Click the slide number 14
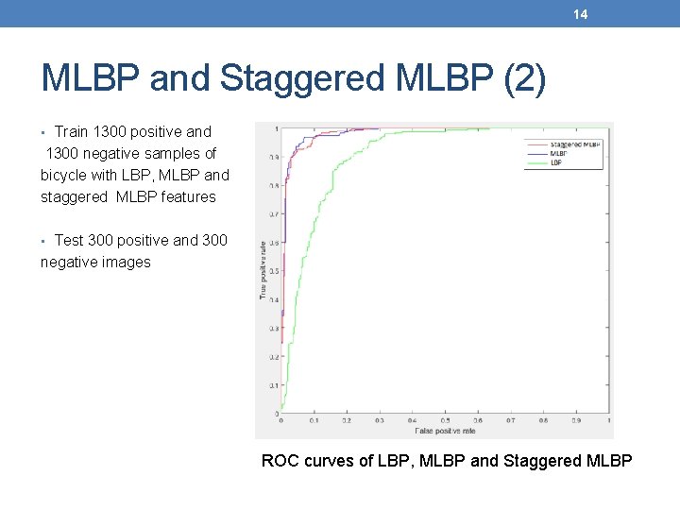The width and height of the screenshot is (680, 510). pyautogui.click(x=581, y=13)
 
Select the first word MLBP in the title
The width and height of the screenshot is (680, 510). pyautogui.click(x=91, y=79)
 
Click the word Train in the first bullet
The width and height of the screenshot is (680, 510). pyautogui.click(x=72, y=131)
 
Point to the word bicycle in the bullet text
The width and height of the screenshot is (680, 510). pyautogui.click(x=65, y=175)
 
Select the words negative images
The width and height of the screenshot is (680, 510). pyautogui.click(x=95, y=262)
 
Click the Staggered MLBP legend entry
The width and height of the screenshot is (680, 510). pyautogui.click(x=577, y=144)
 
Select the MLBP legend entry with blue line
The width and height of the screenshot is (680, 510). pyautogui.click(x=558, y=152)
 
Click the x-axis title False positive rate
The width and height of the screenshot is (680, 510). pyautogui.click(x=445, y=431)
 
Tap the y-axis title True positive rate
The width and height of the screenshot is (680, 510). pyautogui.click(x=263, y=270)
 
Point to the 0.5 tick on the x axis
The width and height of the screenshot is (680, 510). pyautogui.click(x=445, y=421)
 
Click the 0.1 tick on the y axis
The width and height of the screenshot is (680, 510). pyautogui.click(x=273, y=385)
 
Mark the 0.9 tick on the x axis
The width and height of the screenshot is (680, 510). pyautogui.click(x=576, y=421)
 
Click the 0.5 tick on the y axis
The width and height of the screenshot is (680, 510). pyautogui.click(x=273, y=271)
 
